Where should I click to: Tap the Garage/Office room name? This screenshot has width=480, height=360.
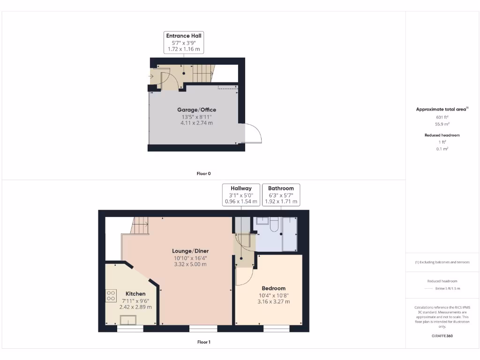(x=197, y=110)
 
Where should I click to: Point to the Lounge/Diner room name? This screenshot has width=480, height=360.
(x=190, y=251)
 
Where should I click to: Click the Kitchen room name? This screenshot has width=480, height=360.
(x=135, y=293)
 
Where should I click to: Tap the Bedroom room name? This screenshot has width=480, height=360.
(x=274, y=288)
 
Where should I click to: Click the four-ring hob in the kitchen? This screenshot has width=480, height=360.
(x=111, y=296)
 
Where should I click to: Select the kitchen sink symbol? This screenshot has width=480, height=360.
(x=128, y=320)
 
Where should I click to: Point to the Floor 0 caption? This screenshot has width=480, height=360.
(x=203, y=173)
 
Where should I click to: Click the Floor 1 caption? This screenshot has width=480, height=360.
(x=203, y=342)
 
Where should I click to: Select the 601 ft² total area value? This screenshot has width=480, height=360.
(x=442, y=117)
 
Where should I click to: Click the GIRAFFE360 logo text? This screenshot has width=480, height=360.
(x=442, y=336)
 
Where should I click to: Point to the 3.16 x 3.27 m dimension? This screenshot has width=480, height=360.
(x=274, y=302)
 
